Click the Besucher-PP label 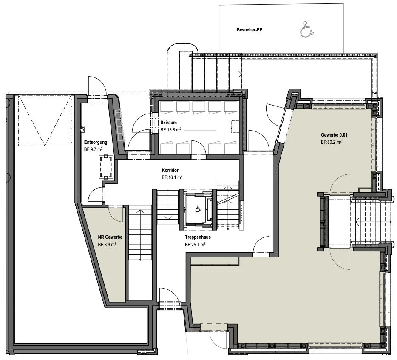click(x=250, y=30)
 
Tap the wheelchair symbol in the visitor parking click(x=307, y=30)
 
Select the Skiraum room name click(x=169, y=123)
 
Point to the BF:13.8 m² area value click(x=170, y=130)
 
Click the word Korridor click(x=170, y=170)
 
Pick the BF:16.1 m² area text click(x=172, y=177)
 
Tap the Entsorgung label click(x=96, y=143)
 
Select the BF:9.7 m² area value click(x=93, y=150)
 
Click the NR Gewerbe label click(x=110, y=237)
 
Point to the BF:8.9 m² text click(x=107, y=245)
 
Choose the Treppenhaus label click(x=198, y=237)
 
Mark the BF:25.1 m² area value click(x=195, y=245)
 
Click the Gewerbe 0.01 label click(x=334, y=135)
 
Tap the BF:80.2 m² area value click(x=331, y=142)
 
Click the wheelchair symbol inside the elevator click(x=198, y=209)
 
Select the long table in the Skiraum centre click(x=200, y=126)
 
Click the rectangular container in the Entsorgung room click(x=106, y=167)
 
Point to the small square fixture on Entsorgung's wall click(x=82, y=130)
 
